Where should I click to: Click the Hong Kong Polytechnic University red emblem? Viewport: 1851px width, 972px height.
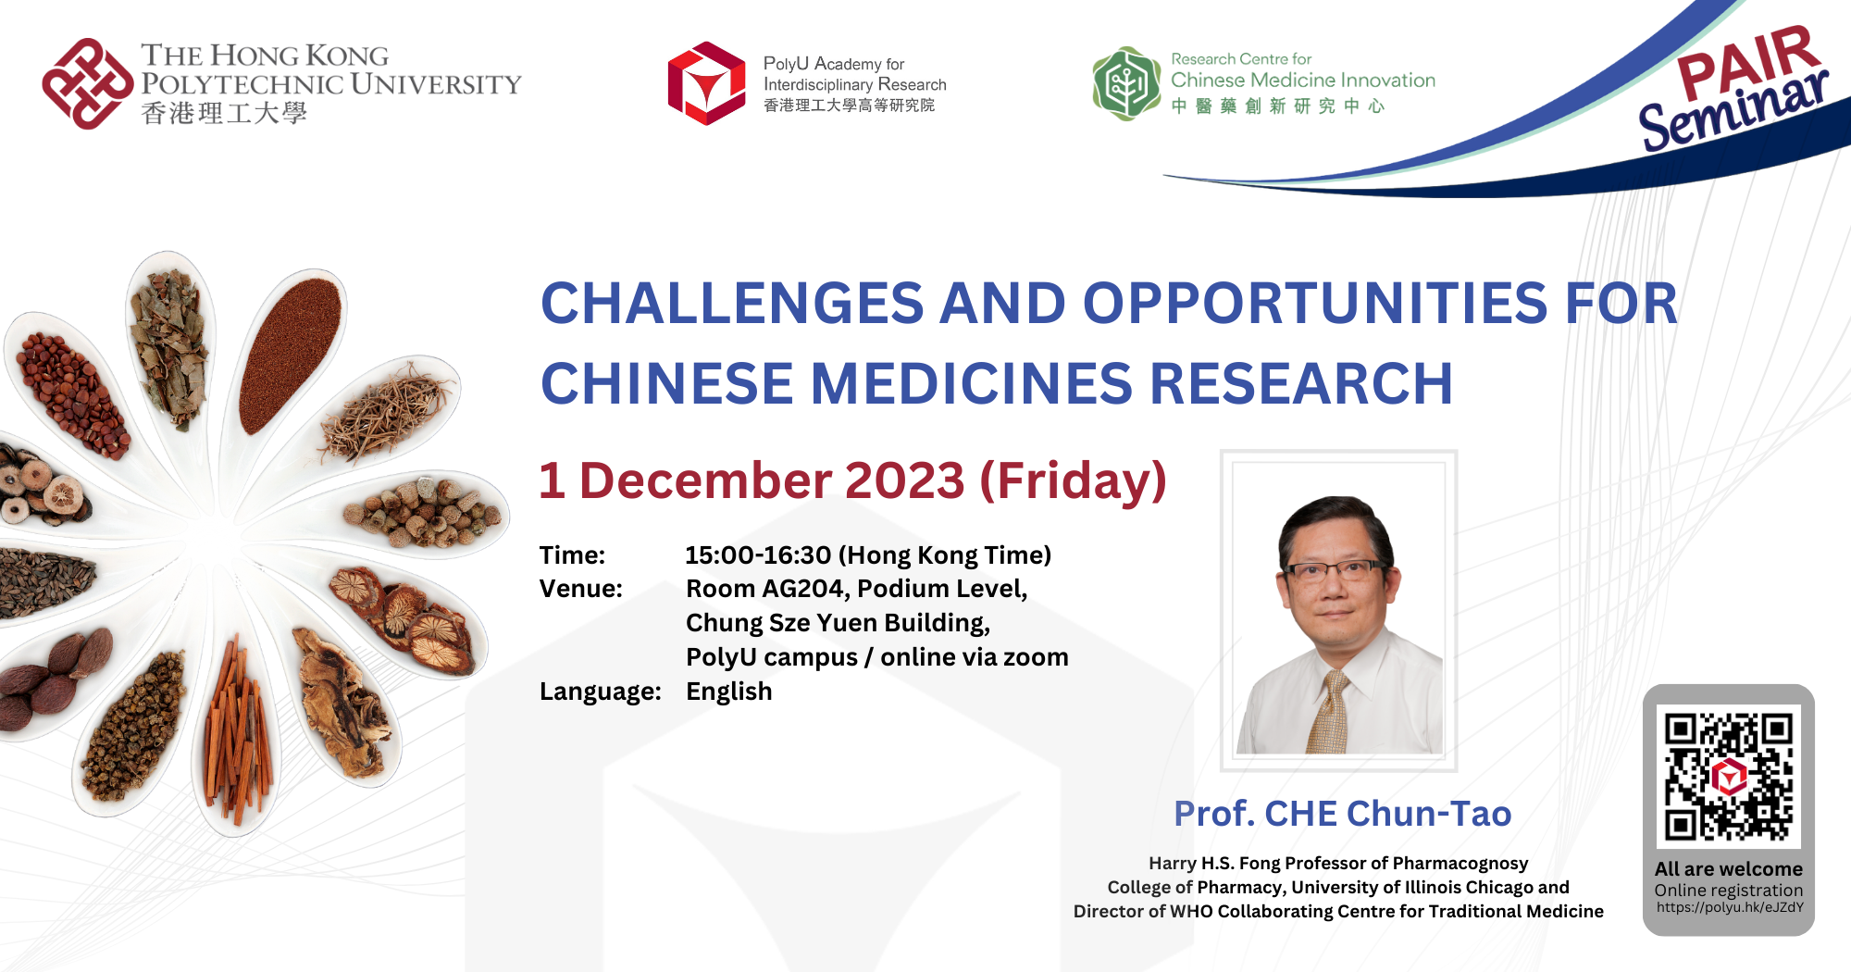pos(88,83)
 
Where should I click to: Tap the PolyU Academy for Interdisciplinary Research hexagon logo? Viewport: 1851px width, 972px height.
pos(706,83)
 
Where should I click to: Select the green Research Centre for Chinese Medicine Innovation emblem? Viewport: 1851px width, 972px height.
pos(1125,83)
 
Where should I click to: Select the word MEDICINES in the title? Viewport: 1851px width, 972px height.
pos(971,384)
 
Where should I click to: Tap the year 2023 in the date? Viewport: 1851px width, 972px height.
pos(904,481)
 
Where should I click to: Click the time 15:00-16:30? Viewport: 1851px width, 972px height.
pos(758,555)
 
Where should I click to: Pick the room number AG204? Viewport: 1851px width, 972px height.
pos(803,589)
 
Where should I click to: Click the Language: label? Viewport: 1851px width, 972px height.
pos(600,692)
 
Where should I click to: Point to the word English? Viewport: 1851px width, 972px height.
pos(728,692)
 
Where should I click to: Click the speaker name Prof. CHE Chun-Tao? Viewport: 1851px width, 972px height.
pos(1342,814)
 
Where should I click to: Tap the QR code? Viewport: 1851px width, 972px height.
pos(1728,776)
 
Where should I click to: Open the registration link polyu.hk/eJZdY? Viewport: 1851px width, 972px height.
pos(1729,907)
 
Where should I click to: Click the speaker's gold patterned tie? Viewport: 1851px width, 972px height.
pos(1329,713)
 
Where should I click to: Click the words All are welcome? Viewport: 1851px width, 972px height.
pos(1728,869)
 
